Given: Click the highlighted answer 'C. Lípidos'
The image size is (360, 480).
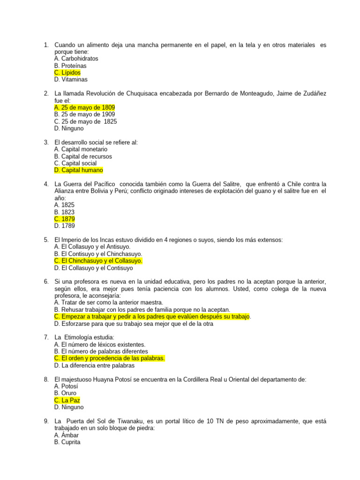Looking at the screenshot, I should pyautogui.click(x=67, y=73).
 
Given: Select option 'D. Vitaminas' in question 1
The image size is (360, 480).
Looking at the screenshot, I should pyautogui.click(x=71, y=80).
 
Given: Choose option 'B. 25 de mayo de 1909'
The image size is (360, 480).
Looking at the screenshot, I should pyautogui.click(x=84, y=114).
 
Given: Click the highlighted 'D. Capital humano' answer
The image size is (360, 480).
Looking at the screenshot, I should pyautogui.click(x=78, y=170).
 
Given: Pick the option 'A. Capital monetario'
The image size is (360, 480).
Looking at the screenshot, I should pyautogui.click(x=81, y=149).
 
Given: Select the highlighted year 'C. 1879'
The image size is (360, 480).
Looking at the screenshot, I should pyautogui.click(x=64, y=219).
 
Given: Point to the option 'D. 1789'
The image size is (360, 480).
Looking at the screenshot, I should pyautogui.click(x=64, y=226).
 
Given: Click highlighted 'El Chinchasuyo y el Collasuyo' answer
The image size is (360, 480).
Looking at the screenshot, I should pyautogui.click(x=98, y=261).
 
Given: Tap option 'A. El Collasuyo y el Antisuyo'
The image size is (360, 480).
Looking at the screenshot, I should pyautogui.click(x=92, y=247).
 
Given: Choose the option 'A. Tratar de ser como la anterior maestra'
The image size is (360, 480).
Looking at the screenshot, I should pyautogui.click(x=109, y=302).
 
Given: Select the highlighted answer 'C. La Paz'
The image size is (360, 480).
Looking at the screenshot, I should pyautogui.click(x=67, y=400).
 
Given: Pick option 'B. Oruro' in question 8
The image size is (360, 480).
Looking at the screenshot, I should pyautogui.click(x=65, y=393).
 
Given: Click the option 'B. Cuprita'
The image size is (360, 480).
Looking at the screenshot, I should pyautogui.click(x=67, y=442).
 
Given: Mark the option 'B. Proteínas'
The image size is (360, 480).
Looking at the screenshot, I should pyautogui.click(x=70, y=66).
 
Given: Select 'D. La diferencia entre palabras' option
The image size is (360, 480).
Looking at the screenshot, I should pyautogui.click(x=94, y=365).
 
